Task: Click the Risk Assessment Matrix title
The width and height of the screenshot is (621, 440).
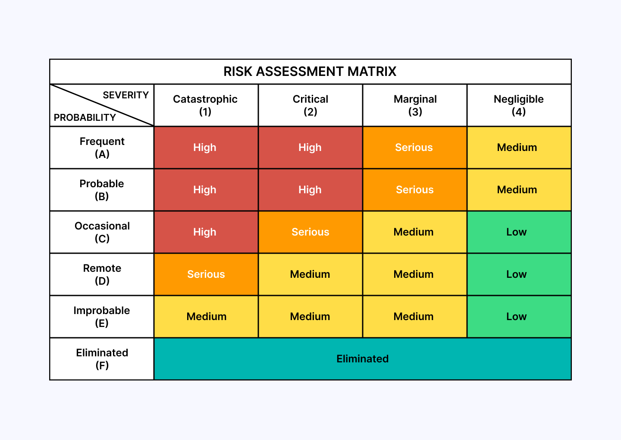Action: point(310,72)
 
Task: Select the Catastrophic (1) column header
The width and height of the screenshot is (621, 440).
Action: point(205,105)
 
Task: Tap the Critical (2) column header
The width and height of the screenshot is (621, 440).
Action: point(310,105)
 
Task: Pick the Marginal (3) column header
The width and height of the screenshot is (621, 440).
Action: point(415,105)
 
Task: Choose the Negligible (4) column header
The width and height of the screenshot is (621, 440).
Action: point(518,105)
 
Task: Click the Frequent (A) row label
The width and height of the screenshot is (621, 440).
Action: point(102,148)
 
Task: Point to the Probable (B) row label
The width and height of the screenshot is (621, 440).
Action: point(102,190)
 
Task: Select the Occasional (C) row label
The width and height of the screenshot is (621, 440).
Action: point(102,232)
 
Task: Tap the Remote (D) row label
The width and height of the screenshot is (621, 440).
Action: point(102,274)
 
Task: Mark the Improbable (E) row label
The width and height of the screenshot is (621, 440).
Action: point(102,317)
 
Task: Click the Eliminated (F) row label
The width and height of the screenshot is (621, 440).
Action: point(102,359)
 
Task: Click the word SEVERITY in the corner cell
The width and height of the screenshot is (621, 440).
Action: point(125,95)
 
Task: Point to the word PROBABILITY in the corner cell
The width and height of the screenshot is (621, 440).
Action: point(85,117)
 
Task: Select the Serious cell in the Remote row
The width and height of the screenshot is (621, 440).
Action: point(206,274)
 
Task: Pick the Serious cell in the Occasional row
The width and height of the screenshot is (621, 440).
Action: point(310,232)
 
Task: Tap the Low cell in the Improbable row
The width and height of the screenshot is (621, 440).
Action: point(516,317)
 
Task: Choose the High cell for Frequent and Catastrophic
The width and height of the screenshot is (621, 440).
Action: point(205,148)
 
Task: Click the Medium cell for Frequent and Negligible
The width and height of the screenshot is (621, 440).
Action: point(517,148)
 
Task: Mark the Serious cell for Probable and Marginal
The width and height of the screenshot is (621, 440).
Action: point(414,190)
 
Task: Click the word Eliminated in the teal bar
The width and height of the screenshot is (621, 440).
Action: point(362,359)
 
